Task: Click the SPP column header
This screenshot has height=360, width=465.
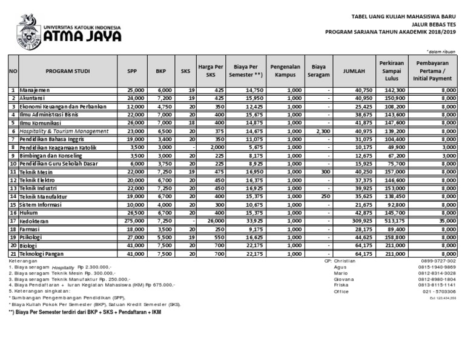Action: tap(132, 71)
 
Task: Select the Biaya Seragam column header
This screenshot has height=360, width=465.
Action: tap(319, 71)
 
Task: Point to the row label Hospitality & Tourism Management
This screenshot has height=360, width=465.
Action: tap(64, 131)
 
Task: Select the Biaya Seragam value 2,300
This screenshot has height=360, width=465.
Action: tap(323, 131)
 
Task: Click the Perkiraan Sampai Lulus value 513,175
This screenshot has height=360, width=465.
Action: tap(393, 221)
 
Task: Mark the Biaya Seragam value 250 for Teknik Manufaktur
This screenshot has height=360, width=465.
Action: tap(325, 196)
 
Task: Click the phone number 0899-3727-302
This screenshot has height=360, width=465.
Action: tap(439, 260)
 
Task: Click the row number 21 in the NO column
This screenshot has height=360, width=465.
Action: tap(13, 254)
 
